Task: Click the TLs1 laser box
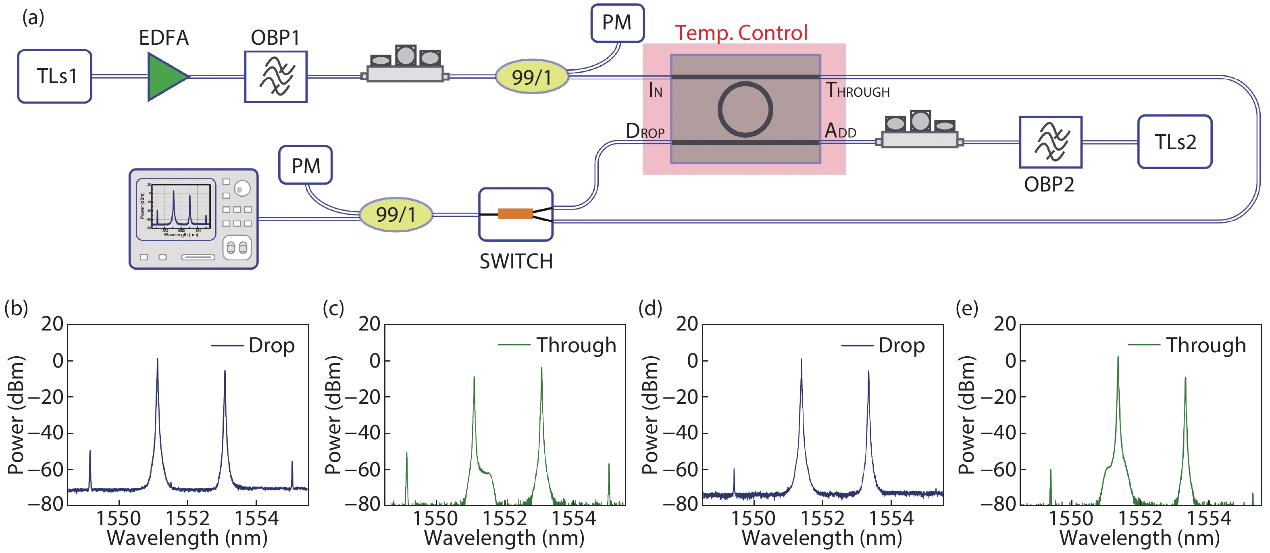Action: click(55, 77)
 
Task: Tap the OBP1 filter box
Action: click(276, 77)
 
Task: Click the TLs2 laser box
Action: click(1174, 142)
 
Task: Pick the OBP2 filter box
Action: click(1050, 142)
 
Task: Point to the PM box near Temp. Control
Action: click(617, 23)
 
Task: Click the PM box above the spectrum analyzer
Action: click(305, 166)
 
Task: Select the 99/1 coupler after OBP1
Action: click(531, 77)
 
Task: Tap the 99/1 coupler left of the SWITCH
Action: click(396, 214)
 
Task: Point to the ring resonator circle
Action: click(745, 109)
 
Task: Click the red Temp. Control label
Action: click(741, 33)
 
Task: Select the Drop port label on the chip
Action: click(645, 131)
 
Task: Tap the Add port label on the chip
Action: click(840, 131)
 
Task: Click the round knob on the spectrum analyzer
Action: click(242, 188)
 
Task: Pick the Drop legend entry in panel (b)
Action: click(271, 345)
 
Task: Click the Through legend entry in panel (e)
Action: click(1205, 345)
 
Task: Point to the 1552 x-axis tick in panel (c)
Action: click(505, 518)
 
